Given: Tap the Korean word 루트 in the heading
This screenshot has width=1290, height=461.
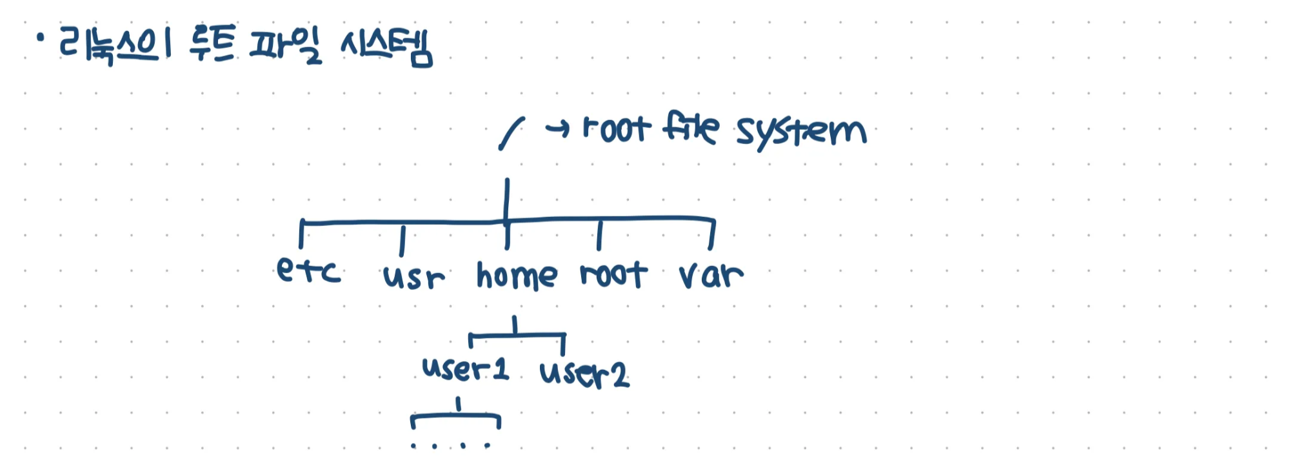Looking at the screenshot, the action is click(212, 44).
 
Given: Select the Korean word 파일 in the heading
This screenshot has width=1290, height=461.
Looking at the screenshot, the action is click(286, 46).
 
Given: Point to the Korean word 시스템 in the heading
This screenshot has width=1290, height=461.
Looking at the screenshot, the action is click(386, 46).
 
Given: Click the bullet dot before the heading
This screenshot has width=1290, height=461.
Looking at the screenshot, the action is click(41, 39).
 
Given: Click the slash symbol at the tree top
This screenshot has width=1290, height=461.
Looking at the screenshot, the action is click(511, 134).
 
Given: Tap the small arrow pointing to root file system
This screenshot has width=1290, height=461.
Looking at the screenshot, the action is click(557, 129).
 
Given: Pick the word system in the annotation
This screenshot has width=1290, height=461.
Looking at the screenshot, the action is click(801, 132).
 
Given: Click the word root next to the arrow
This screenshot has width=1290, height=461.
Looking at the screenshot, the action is click(616, 129).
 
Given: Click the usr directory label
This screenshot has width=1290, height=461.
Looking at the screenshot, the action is click(413, 276).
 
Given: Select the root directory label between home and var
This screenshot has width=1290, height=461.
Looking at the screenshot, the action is click(613, 274).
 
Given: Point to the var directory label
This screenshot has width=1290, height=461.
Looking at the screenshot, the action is click(711, 275).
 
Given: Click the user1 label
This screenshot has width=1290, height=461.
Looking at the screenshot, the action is click(466, 369).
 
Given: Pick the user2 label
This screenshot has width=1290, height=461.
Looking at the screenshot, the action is click(584, 374).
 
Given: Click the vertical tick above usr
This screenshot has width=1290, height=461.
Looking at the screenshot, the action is click(402, 241).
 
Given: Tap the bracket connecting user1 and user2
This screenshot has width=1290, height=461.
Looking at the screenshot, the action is click(515, 334).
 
